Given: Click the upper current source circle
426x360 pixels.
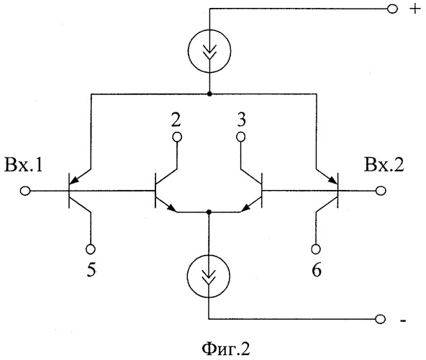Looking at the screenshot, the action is pos(188,50).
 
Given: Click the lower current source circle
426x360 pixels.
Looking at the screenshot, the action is pos(188,276).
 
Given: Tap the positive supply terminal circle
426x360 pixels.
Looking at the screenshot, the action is pos(392,9).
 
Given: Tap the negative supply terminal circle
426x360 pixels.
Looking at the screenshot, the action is pos(380,319).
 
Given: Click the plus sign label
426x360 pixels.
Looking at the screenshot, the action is pos(414,9).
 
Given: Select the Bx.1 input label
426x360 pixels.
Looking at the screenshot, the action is pos(24,165).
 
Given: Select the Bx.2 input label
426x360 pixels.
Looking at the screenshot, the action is pos(384,165).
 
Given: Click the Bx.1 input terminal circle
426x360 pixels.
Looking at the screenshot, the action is pos(25,191).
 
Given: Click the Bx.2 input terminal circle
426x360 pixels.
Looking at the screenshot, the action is pos(381,191).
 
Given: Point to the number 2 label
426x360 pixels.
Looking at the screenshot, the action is pos(176,120).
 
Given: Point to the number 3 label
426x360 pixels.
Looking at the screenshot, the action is pos(242,120).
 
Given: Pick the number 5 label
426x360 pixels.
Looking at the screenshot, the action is pos(91,270).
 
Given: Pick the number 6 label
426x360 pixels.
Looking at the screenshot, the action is pos(317,270).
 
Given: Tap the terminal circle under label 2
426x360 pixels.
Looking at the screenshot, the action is pos(177,137).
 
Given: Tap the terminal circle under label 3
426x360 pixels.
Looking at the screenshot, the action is pos(241,137).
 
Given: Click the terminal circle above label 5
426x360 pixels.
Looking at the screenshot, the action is pos(91,249).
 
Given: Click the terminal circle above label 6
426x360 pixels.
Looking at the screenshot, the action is pos(316,249).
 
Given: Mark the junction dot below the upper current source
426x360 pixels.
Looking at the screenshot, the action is pos(209,94).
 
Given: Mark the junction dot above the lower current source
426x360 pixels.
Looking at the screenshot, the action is pos(209,212).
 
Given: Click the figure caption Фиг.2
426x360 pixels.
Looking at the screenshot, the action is pos(226,349).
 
